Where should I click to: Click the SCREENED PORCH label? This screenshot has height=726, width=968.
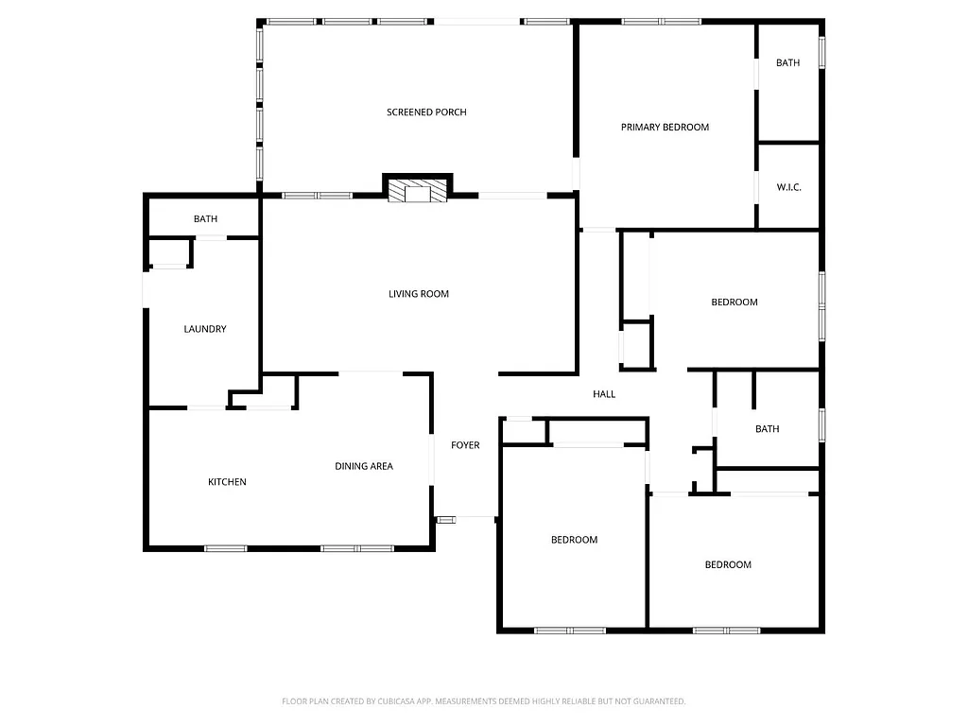click(x=426, y=112)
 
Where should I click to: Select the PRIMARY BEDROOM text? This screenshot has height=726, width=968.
click(x=665, y=127)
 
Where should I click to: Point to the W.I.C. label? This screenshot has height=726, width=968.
click(x=788, y=187)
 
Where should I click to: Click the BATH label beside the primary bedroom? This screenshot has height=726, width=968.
click(x=787, y=63)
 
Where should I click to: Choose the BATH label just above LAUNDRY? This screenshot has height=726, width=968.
click(x=205, y=219)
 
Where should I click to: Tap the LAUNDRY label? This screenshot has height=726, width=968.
click(x=205, y=329)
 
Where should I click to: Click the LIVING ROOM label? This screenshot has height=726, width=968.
click(x=419, y=294)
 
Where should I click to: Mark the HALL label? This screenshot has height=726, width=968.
click(x=604, y=394)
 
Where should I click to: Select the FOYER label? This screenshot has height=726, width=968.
click(x=465, y=445)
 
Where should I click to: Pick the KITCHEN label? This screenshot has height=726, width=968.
click(x=227, y=482)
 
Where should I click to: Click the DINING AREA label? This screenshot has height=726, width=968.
click(x=364, y=466)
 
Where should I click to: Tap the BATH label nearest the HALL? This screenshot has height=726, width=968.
click(x=767, y=429)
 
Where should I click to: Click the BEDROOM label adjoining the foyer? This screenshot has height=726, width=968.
click(x=574, y=540)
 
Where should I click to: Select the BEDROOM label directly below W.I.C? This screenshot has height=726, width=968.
click(x=735, y=302)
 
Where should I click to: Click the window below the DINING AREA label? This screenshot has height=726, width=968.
click(x=356, y=547)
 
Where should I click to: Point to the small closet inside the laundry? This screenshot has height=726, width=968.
click(x=169, y=253)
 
